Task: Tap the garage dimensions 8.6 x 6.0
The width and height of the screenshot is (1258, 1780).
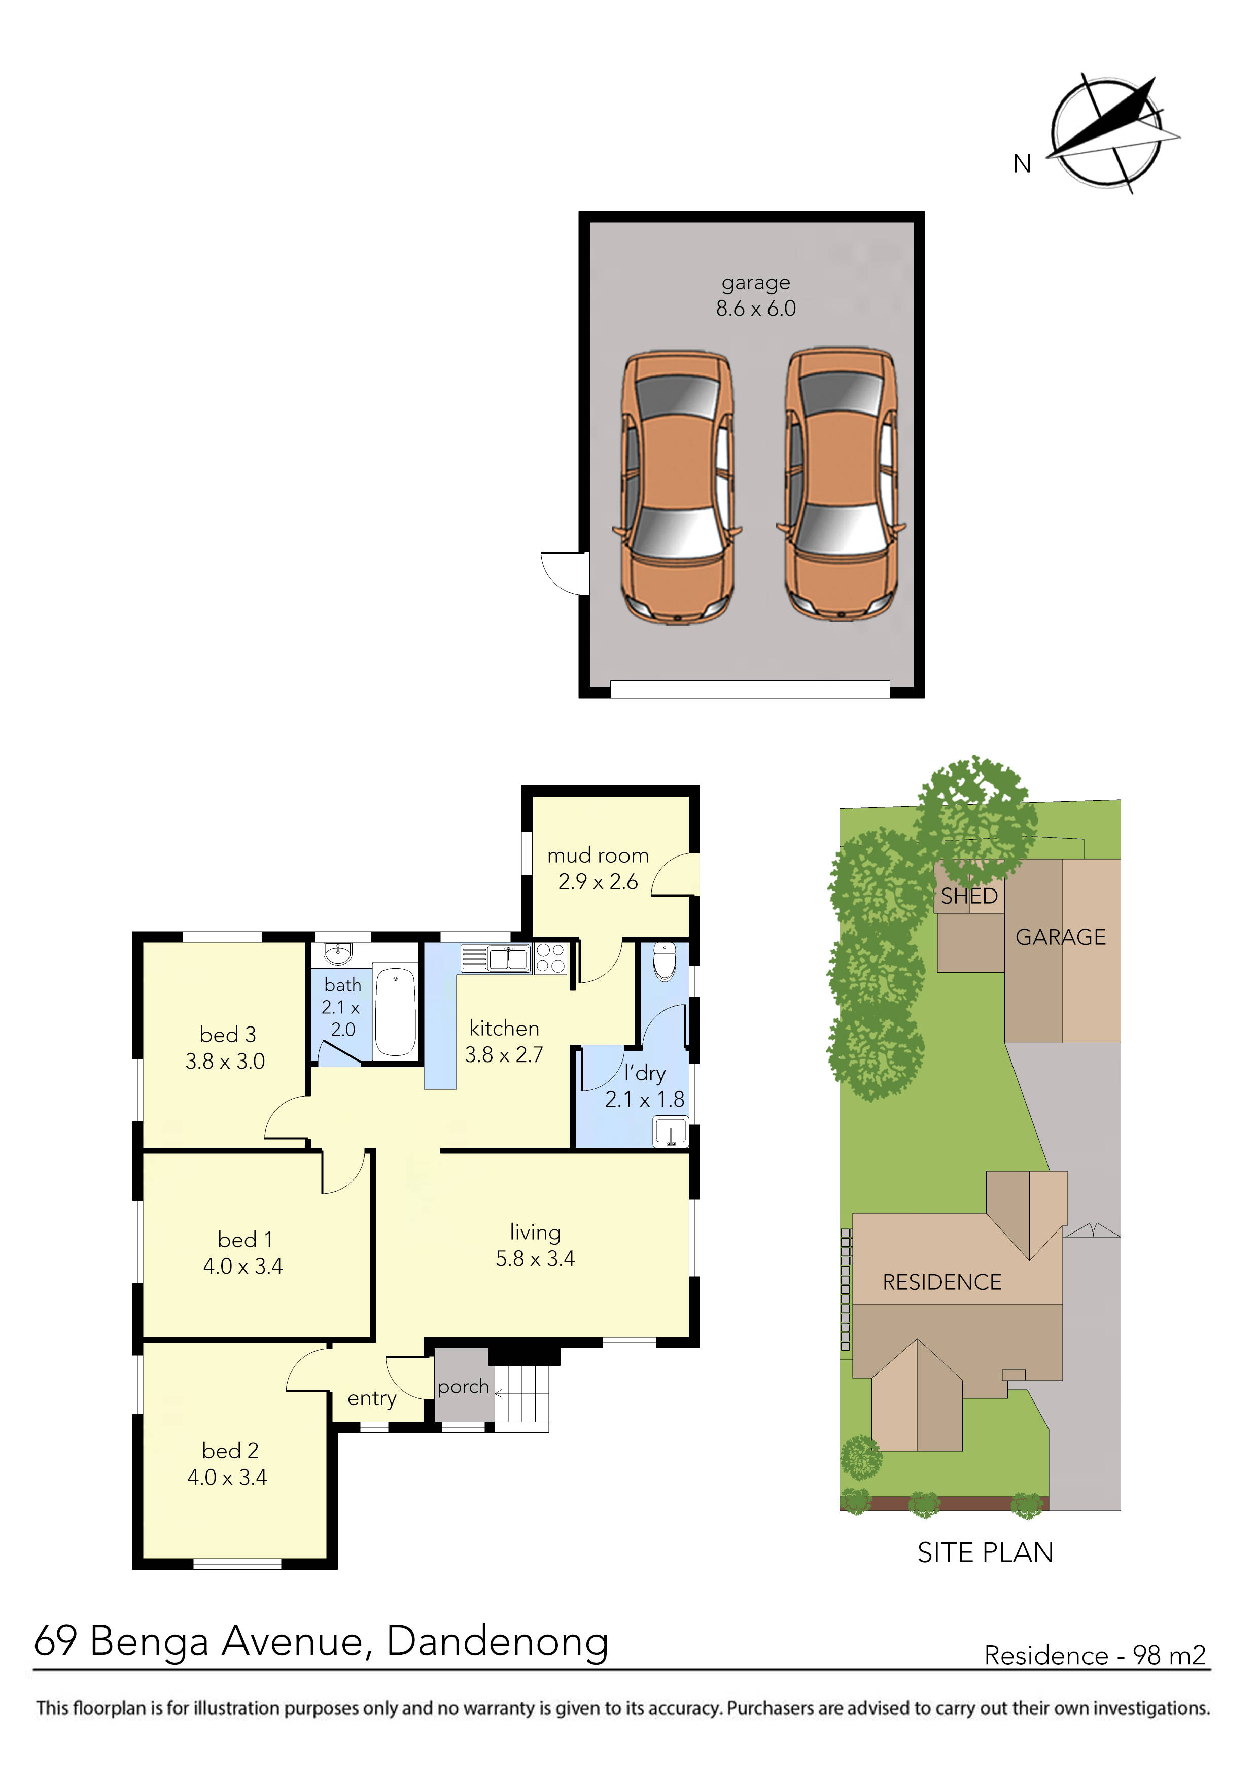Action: coord(756,309)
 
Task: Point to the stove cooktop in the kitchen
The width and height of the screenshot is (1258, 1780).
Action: coord(550,957)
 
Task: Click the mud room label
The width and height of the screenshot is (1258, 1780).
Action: coord(598,856)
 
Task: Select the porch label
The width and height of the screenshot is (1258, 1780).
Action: coord(463,1387)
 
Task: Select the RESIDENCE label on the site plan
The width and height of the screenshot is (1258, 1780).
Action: coord(942,1282)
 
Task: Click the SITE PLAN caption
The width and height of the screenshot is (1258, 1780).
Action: coord(985,1553)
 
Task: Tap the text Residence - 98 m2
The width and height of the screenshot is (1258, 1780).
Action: coord(1095,1655)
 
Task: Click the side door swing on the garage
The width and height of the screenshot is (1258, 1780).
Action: coord(563,574)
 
